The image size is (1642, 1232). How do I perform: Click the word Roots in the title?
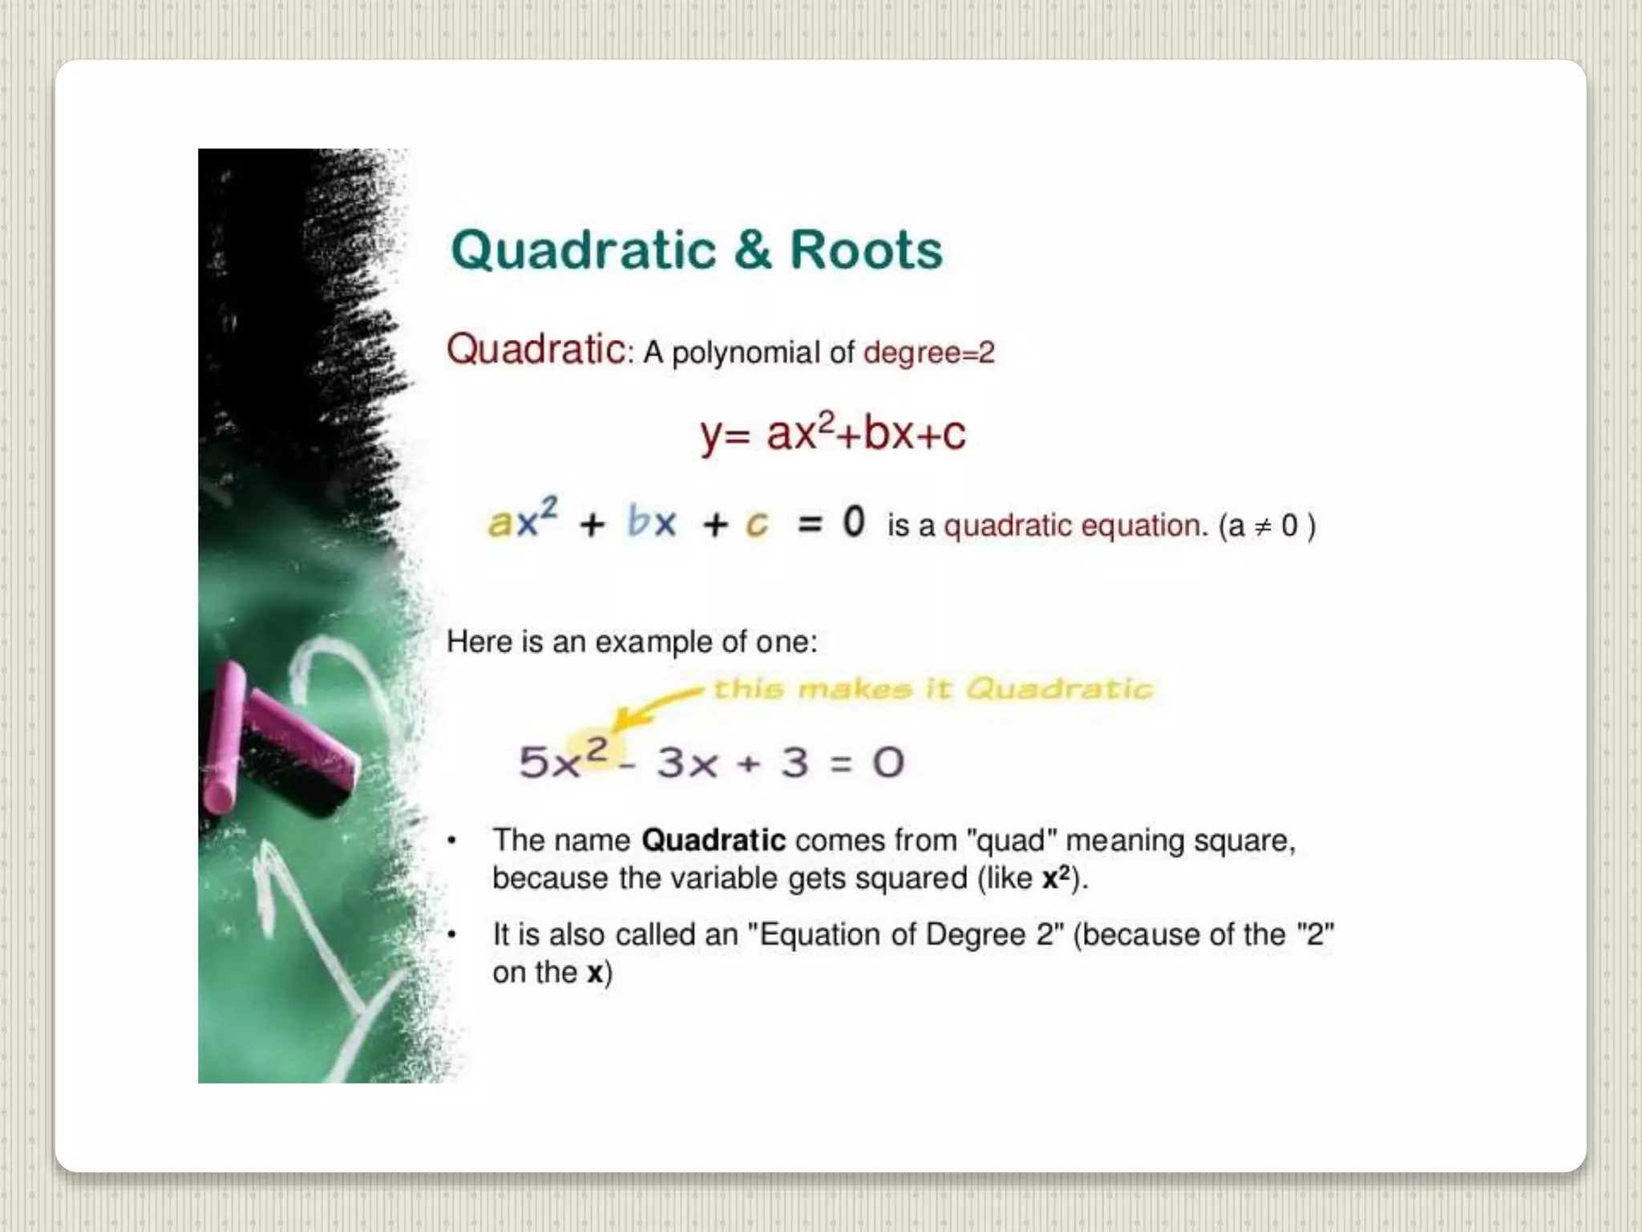pos(866,250)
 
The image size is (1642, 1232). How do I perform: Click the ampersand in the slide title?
pos(752,250)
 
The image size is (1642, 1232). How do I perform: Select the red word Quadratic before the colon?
pos(536,351)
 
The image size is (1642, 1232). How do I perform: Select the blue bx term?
pos(652,523)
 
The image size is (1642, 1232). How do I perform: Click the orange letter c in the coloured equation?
pos(757,525)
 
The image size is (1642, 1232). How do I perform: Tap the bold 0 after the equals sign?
pos(854,522)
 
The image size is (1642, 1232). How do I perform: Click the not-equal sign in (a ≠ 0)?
pos(1263,527)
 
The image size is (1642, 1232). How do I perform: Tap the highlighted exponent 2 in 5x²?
pos(597,749)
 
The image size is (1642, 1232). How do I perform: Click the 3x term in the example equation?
pos(687,763)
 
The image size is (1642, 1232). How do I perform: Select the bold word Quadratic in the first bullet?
pos(714,841)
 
